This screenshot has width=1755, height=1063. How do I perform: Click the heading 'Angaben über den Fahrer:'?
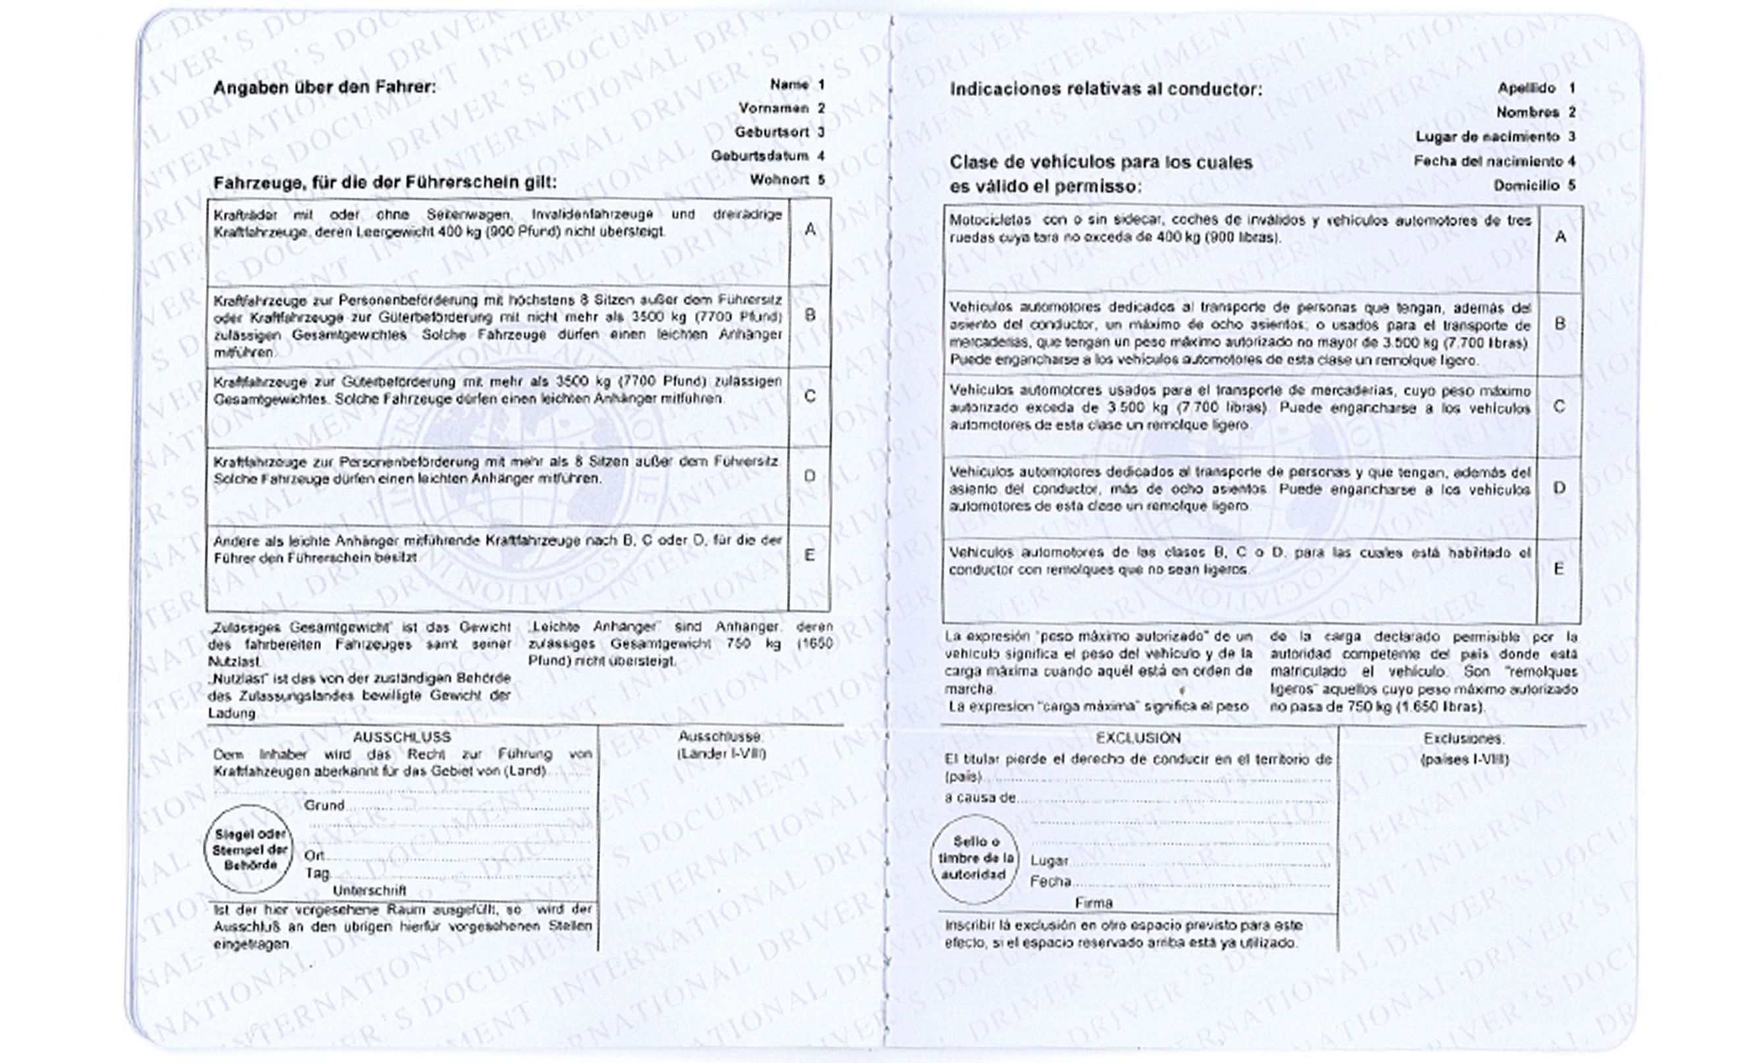[324, 87]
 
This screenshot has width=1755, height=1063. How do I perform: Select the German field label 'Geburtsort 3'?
[779, 132]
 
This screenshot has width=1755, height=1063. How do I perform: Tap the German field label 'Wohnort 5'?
[786, 180]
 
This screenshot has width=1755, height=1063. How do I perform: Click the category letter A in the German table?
[810, 230]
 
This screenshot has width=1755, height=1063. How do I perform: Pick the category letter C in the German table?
[810, 396]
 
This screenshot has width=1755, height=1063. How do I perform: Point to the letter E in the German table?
[810, 555]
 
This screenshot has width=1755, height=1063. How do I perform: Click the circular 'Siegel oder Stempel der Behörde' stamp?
[250, 849]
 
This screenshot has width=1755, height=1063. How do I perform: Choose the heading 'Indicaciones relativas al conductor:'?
[1106, 89]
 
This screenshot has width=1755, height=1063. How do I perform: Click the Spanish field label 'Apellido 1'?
[1536, 89]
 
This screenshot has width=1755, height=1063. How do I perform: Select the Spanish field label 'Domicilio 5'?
[1533, 186]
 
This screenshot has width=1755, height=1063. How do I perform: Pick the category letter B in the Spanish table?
[1560, 324]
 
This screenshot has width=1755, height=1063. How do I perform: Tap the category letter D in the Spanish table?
[1559, 489]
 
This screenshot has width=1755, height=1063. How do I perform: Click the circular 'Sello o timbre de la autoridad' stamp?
[974, 858]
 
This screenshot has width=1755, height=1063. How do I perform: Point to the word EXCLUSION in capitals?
[1138, 738]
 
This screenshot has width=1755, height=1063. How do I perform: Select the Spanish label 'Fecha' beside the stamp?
[1050, 882]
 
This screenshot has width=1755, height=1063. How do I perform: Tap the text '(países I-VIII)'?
[1464, 760]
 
